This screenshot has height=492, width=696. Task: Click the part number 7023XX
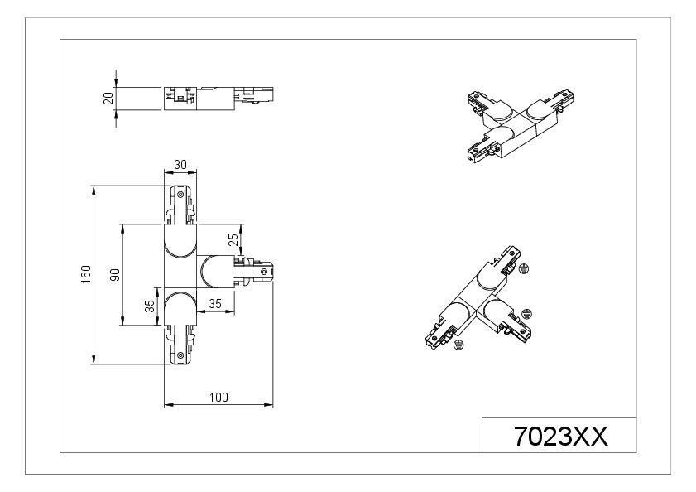(x=560, y=436)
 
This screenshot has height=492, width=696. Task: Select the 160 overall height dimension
(x=86, y=272)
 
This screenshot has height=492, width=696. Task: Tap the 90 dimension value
(x=115, y=275)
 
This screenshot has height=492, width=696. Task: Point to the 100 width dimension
(x=218, y=397)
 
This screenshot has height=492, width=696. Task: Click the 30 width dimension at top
(x=180, y=165)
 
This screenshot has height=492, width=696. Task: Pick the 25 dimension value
(x=233, y=239)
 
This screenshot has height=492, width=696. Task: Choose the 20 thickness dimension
(x=108, y=99)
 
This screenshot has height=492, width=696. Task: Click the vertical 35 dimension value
(x=150, y=306)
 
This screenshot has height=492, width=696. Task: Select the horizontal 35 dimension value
(x=215, y=303)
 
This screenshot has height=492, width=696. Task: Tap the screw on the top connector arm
(x=180, y=194)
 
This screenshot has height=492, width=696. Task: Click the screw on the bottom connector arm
(x=180, y=355)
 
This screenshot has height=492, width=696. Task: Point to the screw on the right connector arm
(x=264, y=271)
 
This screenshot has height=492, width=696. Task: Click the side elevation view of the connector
(x=218, y=99)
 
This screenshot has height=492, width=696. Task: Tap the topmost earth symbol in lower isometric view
(x=524, y=268)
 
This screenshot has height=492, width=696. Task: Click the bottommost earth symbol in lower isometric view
(x=458, y=344)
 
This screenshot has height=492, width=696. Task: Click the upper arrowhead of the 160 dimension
(x=94, y=191)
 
